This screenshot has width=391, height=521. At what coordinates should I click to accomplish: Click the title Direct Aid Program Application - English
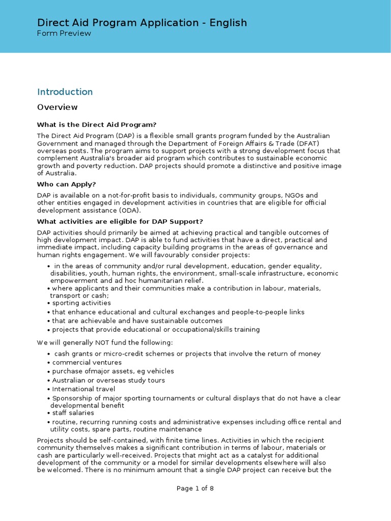[142, 22]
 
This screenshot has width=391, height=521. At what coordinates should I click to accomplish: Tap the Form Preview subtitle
[64, 34]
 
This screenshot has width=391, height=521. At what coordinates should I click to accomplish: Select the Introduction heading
[65, 92]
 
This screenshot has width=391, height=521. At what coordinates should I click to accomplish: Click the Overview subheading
[58, 107]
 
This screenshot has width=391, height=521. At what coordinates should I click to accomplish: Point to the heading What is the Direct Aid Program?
[97, 125]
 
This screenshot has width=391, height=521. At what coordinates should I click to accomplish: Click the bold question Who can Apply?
[67, 184]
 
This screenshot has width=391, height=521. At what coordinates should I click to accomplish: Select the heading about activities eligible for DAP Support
[120, 221]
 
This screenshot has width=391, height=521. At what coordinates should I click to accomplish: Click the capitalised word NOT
[98, 342]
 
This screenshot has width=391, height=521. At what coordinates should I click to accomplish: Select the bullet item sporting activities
[81, 303]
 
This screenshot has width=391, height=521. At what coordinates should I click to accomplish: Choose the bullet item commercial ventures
[87, 363]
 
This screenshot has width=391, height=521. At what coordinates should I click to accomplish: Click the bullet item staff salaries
[73, 413]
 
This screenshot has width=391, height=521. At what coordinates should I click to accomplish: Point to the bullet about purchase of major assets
[113, 371]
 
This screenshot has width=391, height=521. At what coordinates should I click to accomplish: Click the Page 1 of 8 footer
[195, 503]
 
